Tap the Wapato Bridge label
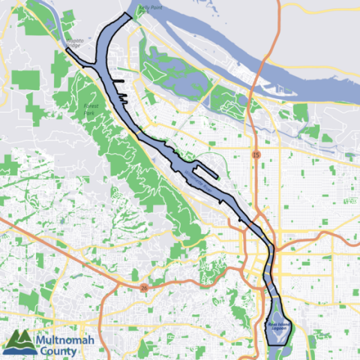(73, 43)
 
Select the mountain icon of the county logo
(17, 341)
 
